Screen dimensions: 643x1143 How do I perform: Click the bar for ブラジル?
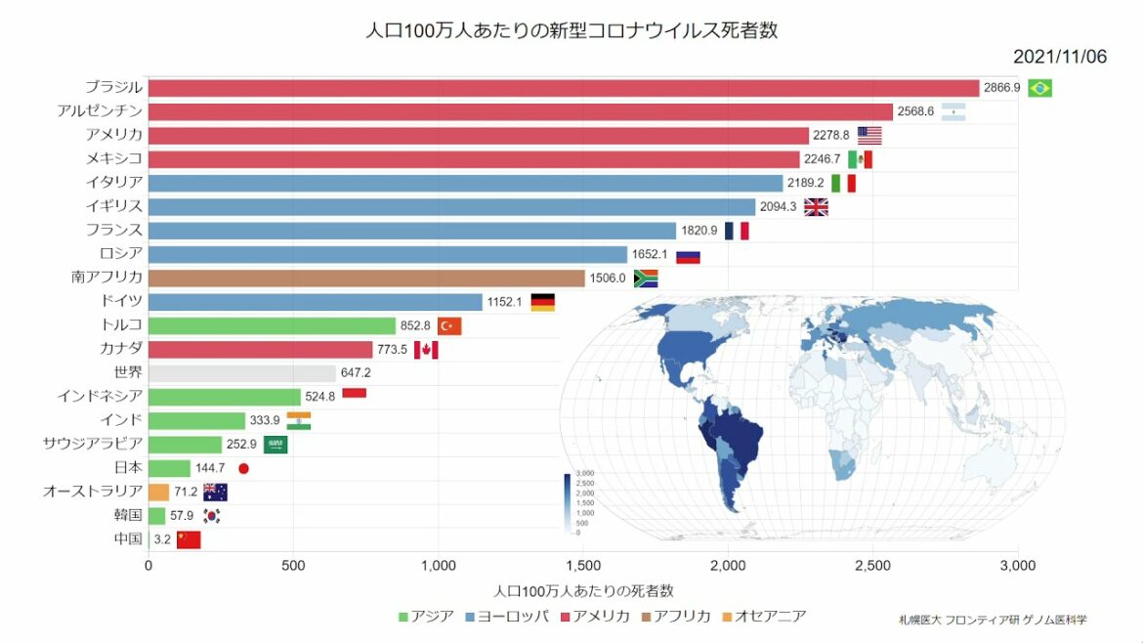pyautogui.click(x=563, y=88)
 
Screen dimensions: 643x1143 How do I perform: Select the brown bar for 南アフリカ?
pyautogui.click(x=366, y=278)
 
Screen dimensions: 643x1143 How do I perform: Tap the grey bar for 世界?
pyautogui.click(x=241, y=372)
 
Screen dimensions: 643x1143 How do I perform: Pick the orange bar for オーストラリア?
pyautogui.click(x=158, y=492)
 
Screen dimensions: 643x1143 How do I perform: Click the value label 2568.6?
pyautogui.click(x=916, y=111)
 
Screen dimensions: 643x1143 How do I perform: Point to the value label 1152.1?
pyautogui.click(x=506, y=302)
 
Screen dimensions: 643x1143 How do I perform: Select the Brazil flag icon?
pyautogui.click(x=1039, y=88)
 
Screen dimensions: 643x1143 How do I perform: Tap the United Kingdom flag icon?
pyautogui.click(x=816, y=206)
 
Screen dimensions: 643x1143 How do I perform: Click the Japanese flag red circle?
pyautogui.click(x=244, y=468)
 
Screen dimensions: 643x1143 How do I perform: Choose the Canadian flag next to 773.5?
pyautogui.click(x=426, y=349)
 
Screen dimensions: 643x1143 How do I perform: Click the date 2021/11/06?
pyautogui.click(x=1059, y=57)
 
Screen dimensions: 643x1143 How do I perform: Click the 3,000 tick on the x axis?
pyautogui.click(x=1017, y=565)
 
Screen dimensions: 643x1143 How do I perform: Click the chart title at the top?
pyautogui.click(x=571, y=30)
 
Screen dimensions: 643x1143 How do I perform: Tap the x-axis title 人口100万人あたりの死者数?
pyautogui.click(x=583, y=591)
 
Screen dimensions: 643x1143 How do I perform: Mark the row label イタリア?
pyautogui.click(x=114, y=183)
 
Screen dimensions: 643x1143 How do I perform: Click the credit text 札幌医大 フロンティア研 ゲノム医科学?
pyautogui.click(x=993, y=620)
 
